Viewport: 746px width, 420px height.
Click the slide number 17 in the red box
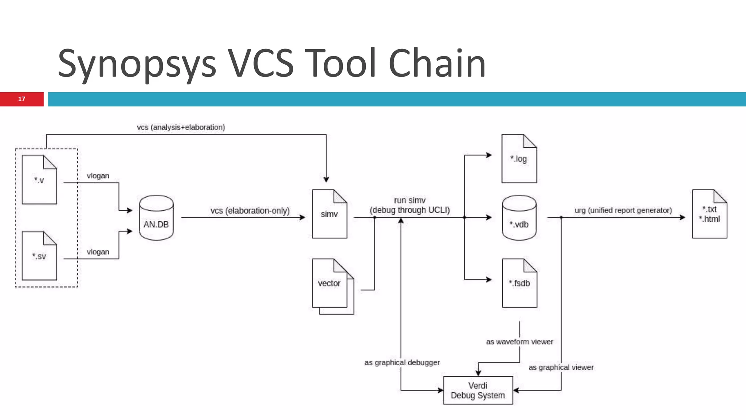pyautogui.click(x=21, y=99)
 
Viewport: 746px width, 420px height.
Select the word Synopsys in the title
pyautogui.click(x=137, y=64)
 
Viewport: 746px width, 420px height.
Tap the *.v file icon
pyautogui.click(x=39, y=180)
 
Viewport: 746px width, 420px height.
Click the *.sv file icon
pyautogui.click(x=39, y=256)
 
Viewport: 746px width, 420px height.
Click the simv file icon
pyautogui.click(x=329, y=214)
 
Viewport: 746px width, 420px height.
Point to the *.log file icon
pyautogui.click(x=519, y=159)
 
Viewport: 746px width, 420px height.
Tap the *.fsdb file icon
pyautogui.click(x=519, y=283)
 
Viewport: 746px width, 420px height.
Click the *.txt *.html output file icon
pyautogui.click(x=709, y=214)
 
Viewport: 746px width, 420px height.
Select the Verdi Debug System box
pyautogui.click(x=478, y=390)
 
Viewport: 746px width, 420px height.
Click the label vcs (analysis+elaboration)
pyautogui.click(x=181, y=127)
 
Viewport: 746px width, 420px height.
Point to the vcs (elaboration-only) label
pyautogui.click(x=250, y=211)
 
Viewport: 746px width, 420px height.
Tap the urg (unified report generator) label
pyautogui.click(x=623, y=210)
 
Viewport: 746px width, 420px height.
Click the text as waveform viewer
pyautogui.click(x=519, y=342)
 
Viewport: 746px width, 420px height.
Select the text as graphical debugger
pyautogui.click(x=402, y=363)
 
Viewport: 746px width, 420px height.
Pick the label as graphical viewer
pyautogui.click(x=561, y=367)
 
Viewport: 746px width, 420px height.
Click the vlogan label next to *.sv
pyautogui.click(x=98, y=252)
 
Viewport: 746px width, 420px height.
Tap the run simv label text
pyautogui.click(x=410, y=201)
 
